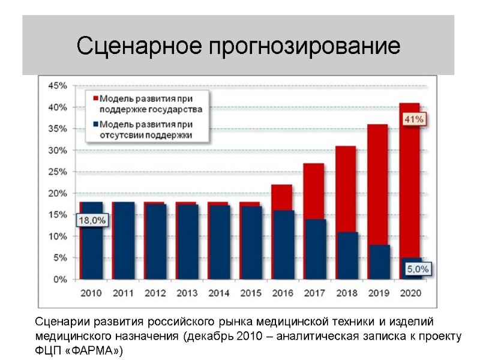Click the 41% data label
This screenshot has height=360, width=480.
pyautogui.click(x=414, y=119)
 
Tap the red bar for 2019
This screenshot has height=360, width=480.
pyautogui.click(x=378, y=180)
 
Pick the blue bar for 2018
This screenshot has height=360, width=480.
pyautogui.click(x=346, y=255)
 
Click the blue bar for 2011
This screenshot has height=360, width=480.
pyautogui.click(x=124, y=240)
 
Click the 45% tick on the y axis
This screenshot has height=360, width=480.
pyautogui.click(x=57, y=86)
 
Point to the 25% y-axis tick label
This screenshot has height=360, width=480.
pyautogui.click(x=57, y=172)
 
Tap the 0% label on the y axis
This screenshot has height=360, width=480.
pyautogui.click(x=60, y=279)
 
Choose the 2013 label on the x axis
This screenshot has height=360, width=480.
pyautogui.click(x=187, y=293)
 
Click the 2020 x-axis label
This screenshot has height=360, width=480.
pyautogui.click(x=410, y=293)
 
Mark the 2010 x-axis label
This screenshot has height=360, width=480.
pyautogui.click(x=92, y=293)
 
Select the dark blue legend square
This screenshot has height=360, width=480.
pyautogui.click(x=94, y=124)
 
